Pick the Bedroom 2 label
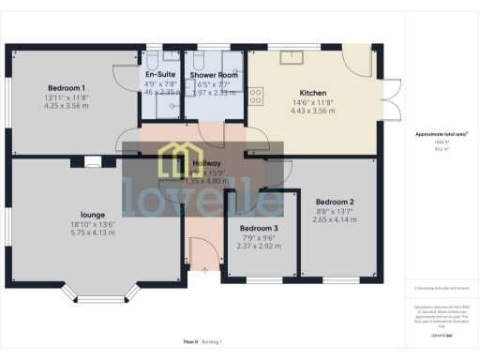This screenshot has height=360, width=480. [x=334, y=202]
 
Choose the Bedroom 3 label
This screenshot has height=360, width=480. [x=258, y=229]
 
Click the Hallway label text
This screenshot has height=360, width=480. [x=206, y=163]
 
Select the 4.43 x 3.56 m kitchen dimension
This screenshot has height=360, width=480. [x=312, y=111]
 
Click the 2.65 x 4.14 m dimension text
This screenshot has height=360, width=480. [x=335, y=218]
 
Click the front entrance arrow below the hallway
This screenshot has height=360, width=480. [x=203, y=270]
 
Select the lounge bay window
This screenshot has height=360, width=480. [x=100, y=292]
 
